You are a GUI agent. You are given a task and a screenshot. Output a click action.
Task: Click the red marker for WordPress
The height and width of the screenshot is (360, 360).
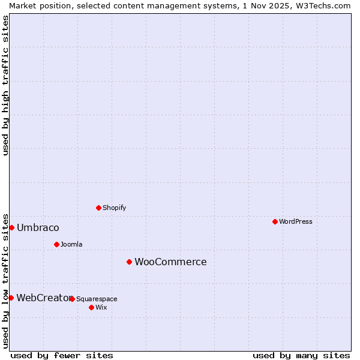275,221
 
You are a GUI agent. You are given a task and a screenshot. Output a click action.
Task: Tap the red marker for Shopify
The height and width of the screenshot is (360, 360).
98,208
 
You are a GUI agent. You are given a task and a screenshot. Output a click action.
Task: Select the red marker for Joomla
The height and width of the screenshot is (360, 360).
56,244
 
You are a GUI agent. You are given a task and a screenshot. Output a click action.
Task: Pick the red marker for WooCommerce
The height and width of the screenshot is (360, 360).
129,262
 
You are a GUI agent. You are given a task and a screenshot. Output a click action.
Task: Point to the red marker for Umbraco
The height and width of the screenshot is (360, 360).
11,227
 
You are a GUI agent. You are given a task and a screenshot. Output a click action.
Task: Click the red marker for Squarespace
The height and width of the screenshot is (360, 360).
72,299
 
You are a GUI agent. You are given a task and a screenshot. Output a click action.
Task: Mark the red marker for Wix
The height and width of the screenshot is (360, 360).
91,307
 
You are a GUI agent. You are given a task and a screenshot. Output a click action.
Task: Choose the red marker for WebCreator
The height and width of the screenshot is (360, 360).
11,298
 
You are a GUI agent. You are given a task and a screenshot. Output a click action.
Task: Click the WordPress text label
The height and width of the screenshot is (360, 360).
296,221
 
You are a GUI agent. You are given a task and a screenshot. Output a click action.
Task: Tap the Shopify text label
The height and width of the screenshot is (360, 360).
115,208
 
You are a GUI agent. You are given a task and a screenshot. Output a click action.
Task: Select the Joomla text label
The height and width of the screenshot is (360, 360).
71,244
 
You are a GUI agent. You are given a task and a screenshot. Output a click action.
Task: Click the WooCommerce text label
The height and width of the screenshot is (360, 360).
170,262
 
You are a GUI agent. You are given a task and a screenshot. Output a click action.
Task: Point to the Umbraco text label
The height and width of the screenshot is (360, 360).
38,227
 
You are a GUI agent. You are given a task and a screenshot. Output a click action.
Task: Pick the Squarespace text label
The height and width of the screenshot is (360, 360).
97,299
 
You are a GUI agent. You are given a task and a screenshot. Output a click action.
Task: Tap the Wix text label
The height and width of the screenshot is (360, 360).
101,307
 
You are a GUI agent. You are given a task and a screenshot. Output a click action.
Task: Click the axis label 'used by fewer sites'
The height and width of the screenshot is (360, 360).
62,355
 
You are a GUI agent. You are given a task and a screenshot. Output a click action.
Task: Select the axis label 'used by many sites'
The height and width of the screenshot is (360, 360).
301,355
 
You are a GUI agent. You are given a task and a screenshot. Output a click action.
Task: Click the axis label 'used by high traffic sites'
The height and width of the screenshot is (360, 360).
5,85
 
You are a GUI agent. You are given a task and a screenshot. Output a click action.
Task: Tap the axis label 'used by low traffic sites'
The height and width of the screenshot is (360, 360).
5,280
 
